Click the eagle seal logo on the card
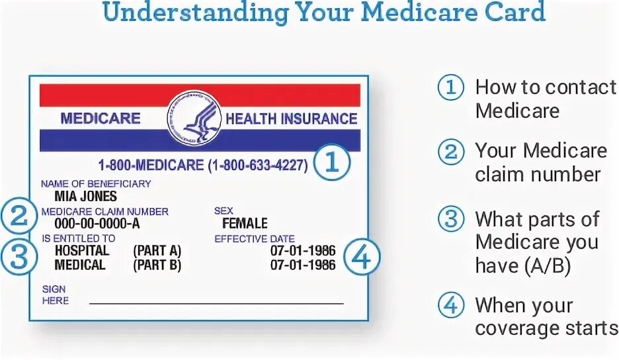click(194, 118)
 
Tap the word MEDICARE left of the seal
click(101, 118)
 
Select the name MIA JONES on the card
click(86, 197)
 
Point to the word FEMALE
click(245, 223)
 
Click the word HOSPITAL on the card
click(82, 251)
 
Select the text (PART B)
click(157, 265)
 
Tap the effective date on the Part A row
click(303, 251)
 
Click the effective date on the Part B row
click(303, 265)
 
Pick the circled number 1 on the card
click(331, 163)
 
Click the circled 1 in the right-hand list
click(451, 88)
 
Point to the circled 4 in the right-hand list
click(451, 306)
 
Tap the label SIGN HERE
click(55, 294)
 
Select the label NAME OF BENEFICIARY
click(96, 183)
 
